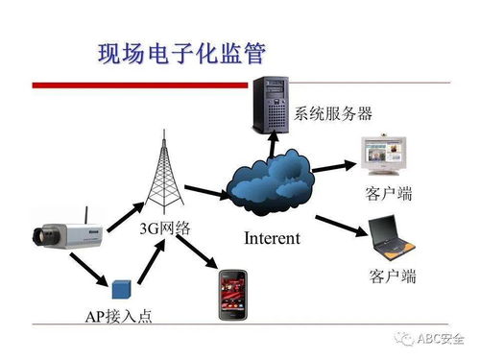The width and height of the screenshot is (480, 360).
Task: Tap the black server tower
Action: (272, 93)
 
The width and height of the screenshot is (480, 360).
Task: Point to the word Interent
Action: (272, 237)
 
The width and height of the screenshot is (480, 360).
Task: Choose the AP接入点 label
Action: (117, 316)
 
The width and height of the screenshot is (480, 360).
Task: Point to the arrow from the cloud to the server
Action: (273, 141)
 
